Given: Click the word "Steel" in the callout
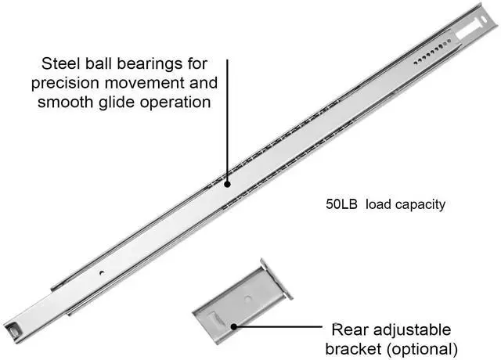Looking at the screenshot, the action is click(60, 63).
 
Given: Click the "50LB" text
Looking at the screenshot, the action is click(341, 204).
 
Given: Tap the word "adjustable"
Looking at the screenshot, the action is click(413, 330).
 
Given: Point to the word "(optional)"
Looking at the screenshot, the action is click(422, 350).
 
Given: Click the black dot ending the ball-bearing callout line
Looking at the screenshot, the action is click(228, 185).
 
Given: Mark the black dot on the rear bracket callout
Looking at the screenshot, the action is click(234, 327).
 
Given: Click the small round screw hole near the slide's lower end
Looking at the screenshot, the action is click(102, 273).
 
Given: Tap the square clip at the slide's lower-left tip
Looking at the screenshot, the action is click(13, 329).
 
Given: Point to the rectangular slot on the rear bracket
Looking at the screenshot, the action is click(215, 319).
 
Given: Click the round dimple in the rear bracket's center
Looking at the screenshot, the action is click(248, 299).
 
